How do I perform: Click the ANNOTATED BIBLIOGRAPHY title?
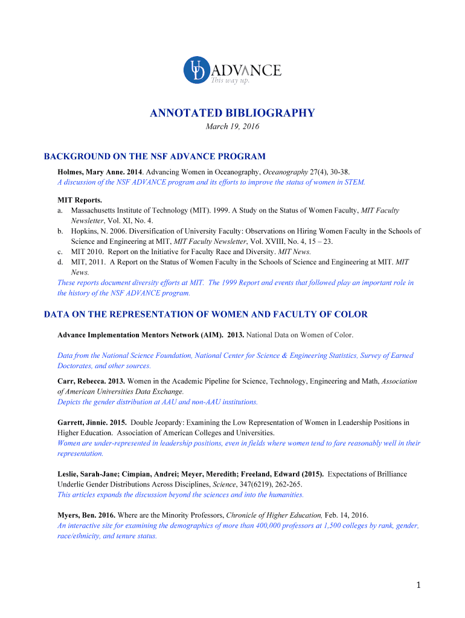click(232, 113)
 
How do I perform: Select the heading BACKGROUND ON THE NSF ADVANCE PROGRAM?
click(155, 156)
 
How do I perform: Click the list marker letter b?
click(60, 231)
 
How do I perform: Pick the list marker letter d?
click(60, 262)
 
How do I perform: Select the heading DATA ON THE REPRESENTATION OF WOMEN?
click(206, 314)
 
